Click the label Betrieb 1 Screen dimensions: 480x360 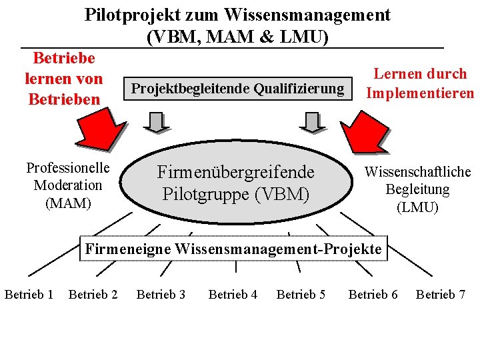(29, 295)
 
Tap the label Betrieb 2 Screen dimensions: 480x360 (93, 295)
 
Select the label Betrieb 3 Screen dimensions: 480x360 (161, 295)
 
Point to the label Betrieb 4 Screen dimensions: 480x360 (233, 295)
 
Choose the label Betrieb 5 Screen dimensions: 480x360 (301, 295)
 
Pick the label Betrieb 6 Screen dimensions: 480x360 (373, 295)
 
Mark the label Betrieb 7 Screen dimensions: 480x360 (441, 295)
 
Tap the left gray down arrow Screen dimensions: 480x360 (156, 122)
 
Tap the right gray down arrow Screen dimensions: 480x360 (311, 122)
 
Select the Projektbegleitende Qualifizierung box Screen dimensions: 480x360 (237, 89)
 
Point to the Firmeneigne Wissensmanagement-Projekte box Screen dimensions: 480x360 (233, 249)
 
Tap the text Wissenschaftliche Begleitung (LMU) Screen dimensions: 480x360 (417, 189)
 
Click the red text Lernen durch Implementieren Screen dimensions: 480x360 (420, 83)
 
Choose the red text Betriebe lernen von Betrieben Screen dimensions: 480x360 (63, 79)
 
